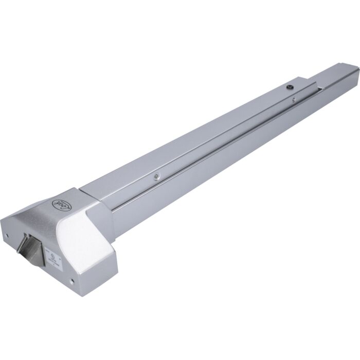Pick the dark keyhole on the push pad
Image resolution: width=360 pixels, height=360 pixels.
point(289,87)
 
